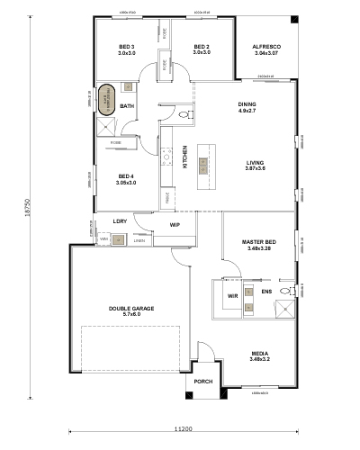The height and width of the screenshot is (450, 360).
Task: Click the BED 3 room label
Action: (127, 47)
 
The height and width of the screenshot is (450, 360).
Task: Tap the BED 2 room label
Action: (202, 47)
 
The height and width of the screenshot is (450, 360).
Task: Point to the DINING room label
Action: (247, 103)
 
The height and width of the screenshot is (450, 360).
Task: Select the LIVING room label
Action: (256, 163)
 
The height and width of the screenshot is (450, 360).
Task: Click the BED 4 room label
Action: (126, 176)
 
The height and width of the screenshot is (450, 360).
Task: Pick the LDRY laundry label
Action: (119, 220)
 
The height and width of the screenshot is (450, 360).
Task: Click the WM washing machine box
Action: (103, 238)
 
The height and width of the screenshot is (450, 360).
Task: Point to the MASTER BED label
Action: (257, 242)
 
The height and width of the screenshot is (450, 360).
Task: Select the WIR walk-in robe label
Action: (231, 294)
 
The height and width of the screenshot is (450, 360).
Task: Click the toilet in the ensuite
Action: (286, 292)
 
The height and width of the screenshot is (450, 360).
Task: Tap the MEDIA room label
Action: (260, 354)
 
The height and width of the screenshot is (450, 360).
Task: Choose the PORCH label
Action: (202, 382)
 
